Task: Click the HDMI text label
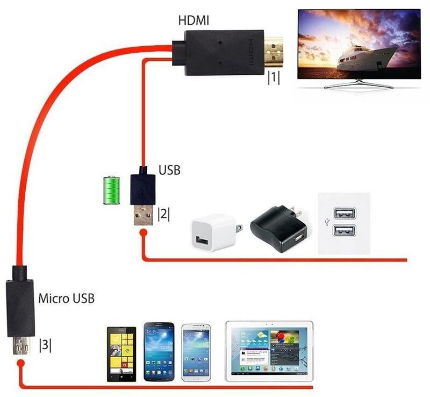click(193, 22)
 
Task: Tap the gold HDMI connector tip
click(275, 50)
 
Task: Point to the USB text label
click(169, 171)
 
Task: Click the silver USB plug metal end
click(141, 216)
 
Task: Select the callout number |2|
click(163, 214)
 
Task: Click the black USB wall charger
click(279, 228)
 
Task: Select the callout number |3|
click(45, 345)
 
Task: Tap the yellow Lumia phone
click(121, 353)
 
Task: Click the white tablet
click(269, 350)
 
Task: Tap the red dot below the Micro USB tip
click(21, 364)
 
